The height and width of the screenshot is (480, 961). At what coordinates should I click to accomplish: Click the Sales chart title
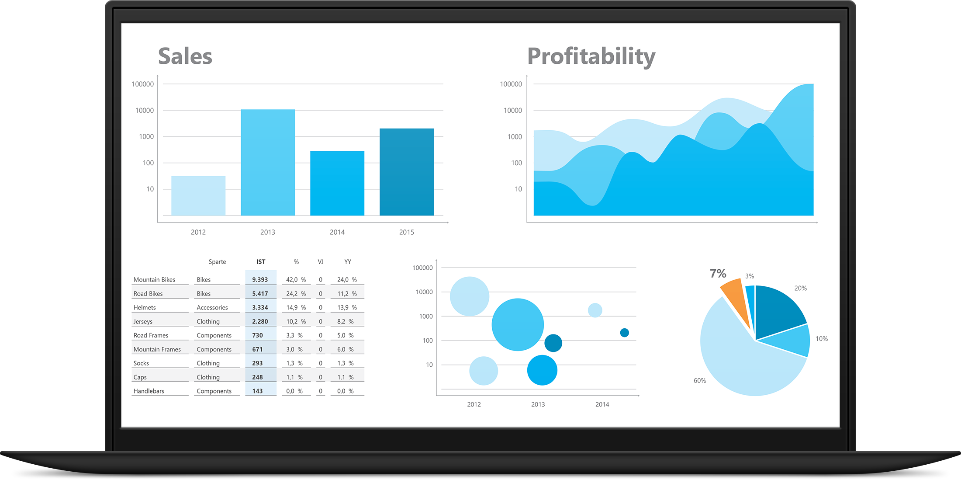pyautogui.click(x=185, y=56)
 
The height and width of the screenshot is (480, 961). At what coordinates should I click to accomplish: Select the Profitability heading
pyautogui.click(x=591, y=57)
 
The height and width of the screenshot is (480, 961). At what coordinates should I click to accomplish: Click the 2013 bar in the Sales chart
pyautogui.click(x=268, y=162)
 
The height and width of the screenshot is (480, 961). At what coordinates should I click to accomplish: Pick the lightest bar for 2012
pyautogui.click(x=198, y=195)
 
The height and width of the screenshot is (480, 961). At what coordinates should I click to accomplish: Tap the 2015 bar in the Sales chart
pyautogui.click(x=407, y=171)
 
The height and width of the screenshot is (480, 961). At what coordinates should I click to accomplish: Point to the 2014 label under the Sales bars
pyautogui.click(x=337, y=232)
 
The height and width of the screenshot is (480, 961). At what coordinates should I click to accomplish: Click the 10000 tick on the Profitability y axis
pyautogui.click(x=512, y=111)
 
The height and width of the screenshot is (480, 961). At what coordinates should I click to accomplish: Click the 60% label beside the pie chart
pyautogui.click(x=699, y=381)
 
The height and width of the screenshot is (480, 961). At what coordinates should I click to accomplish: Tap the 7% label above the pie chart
pyautogui.click(x=718, y=274)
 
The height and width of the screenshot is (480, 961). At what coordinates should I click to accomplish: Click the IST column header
pyautogui.click(x=261, y=262)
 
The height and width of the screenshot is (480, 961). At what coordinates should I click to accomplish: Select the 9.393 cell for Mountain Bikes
pyautogui.click(x=260, y=280)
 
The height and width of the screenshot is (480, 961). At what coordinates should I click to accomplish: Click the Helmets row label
pyautogui.click(x=145, y=308)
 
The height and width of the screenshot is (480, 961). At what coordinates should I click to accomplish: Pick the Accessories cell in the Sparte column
pyautogui.click(x=212, y=308)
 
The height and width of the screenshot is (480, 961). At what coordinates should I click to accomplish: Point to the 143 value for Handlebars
pyautogui.click(x=257, y=391)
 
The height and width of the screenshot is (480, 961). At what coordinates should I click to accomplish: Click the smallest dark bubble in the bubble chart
pyautogui.click(x=625, y=333)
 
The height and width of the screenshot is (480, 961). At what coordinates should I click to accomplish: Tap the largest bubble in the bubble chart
pyautogui.click(x=518, y=324)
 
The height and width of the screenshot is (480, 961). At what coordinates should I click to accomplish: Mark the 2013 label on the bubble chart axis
pyautogui.click(x=538, y=404)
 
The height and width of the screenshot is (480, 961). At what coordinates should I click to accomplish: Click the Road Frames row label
pyautogui.click(x=151, y=335)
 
